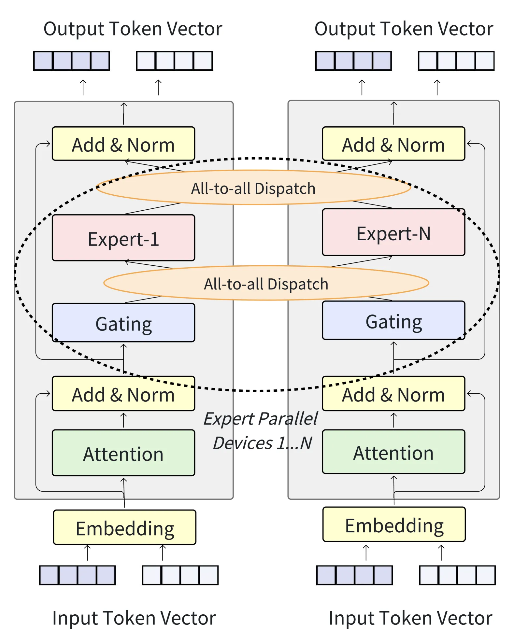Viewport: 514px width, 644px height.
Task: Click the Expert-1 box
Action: click(123, 238)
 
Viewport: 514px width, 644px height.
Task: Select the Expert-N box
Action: click(393, 232)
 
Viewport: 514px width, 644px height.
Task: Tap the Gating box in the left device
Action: click(123, 323)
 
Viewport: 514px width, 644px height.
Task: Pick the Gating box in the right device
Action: click(393, 320)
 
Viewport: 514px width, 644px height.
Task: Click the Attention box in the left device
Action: click(123, 453)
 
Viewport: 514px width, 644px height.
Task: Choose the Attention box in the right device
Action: click(393, 452)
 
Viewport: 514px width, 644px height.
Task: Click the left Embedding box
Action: click(125, 527)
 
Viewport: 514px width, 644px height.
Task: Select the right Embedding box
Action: click(394, 524)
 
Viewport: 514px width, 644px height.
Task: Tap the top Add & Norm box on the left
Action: click(123, 144)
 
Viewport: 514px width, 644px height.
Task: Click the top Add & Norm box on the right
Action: click(393, 144)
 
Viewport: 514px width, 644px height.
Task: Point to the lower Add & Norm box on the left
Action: click(123, 394)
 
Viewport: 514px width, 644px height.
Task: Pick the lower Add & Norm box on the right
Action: click(393, 394)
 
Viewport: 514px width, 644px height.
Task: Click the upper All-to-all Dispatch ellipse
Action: click(253, 188)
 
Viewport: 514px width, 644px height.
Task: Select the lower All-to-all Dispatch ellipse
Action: click(266, 283)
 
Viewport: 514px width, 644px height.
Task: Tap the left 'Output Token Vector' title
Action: click(133, 29)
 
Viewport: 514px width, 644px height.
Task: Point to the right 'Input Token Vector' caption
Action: click(410, 618)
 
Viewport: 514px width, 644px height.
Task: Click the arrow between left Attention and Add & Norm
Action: click(123, 420)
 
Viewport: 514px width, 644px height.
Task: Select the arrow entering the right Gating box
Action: click(393, 357)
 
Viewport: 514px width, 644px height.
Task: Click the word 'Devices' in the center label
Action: click(243, 443)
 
